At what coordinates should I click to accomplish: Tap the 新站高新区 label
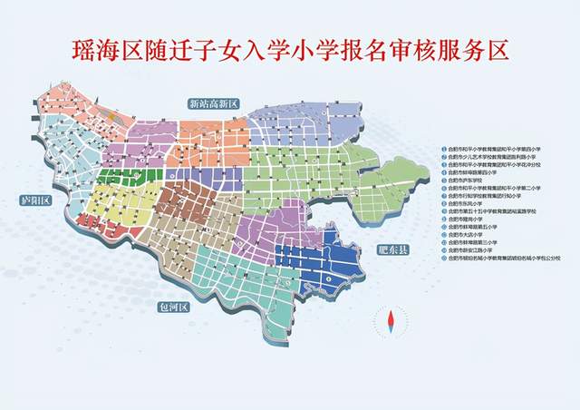pyautogui.click(x=213, y=102)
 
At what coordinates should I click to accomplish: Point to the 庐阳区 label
pyautogui.click(x=34, y=200)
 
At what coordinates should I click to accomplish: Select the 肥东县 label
pyautogui.click(x=394, y=246)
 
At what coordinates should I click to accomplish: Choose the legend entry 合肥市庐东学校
pyautogui.click(x=471, y=181)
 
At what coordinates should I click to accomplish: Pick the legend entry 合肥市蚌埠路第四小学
pyautogui.click(x=475, y=173)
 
